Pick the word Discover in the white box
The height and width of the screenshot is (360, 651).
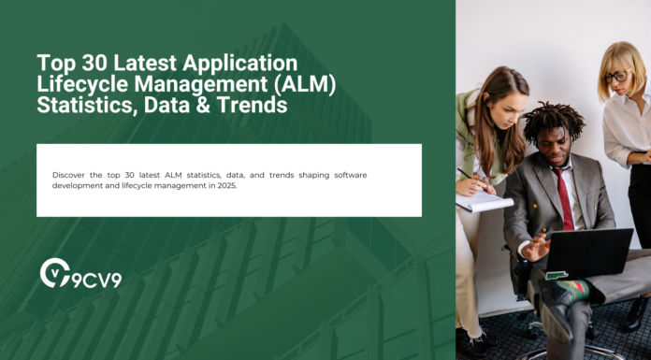coord(69,175)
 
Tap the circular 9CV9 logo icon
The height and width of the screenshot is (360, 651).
coord(55,273)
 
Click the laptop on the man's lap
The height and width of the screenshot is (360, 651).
coord(589,252)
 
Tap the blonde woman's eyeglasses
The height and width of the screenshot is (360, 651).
coord(615,77)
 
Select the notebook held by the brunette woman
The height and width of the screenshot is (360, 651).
coord(484,202)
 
